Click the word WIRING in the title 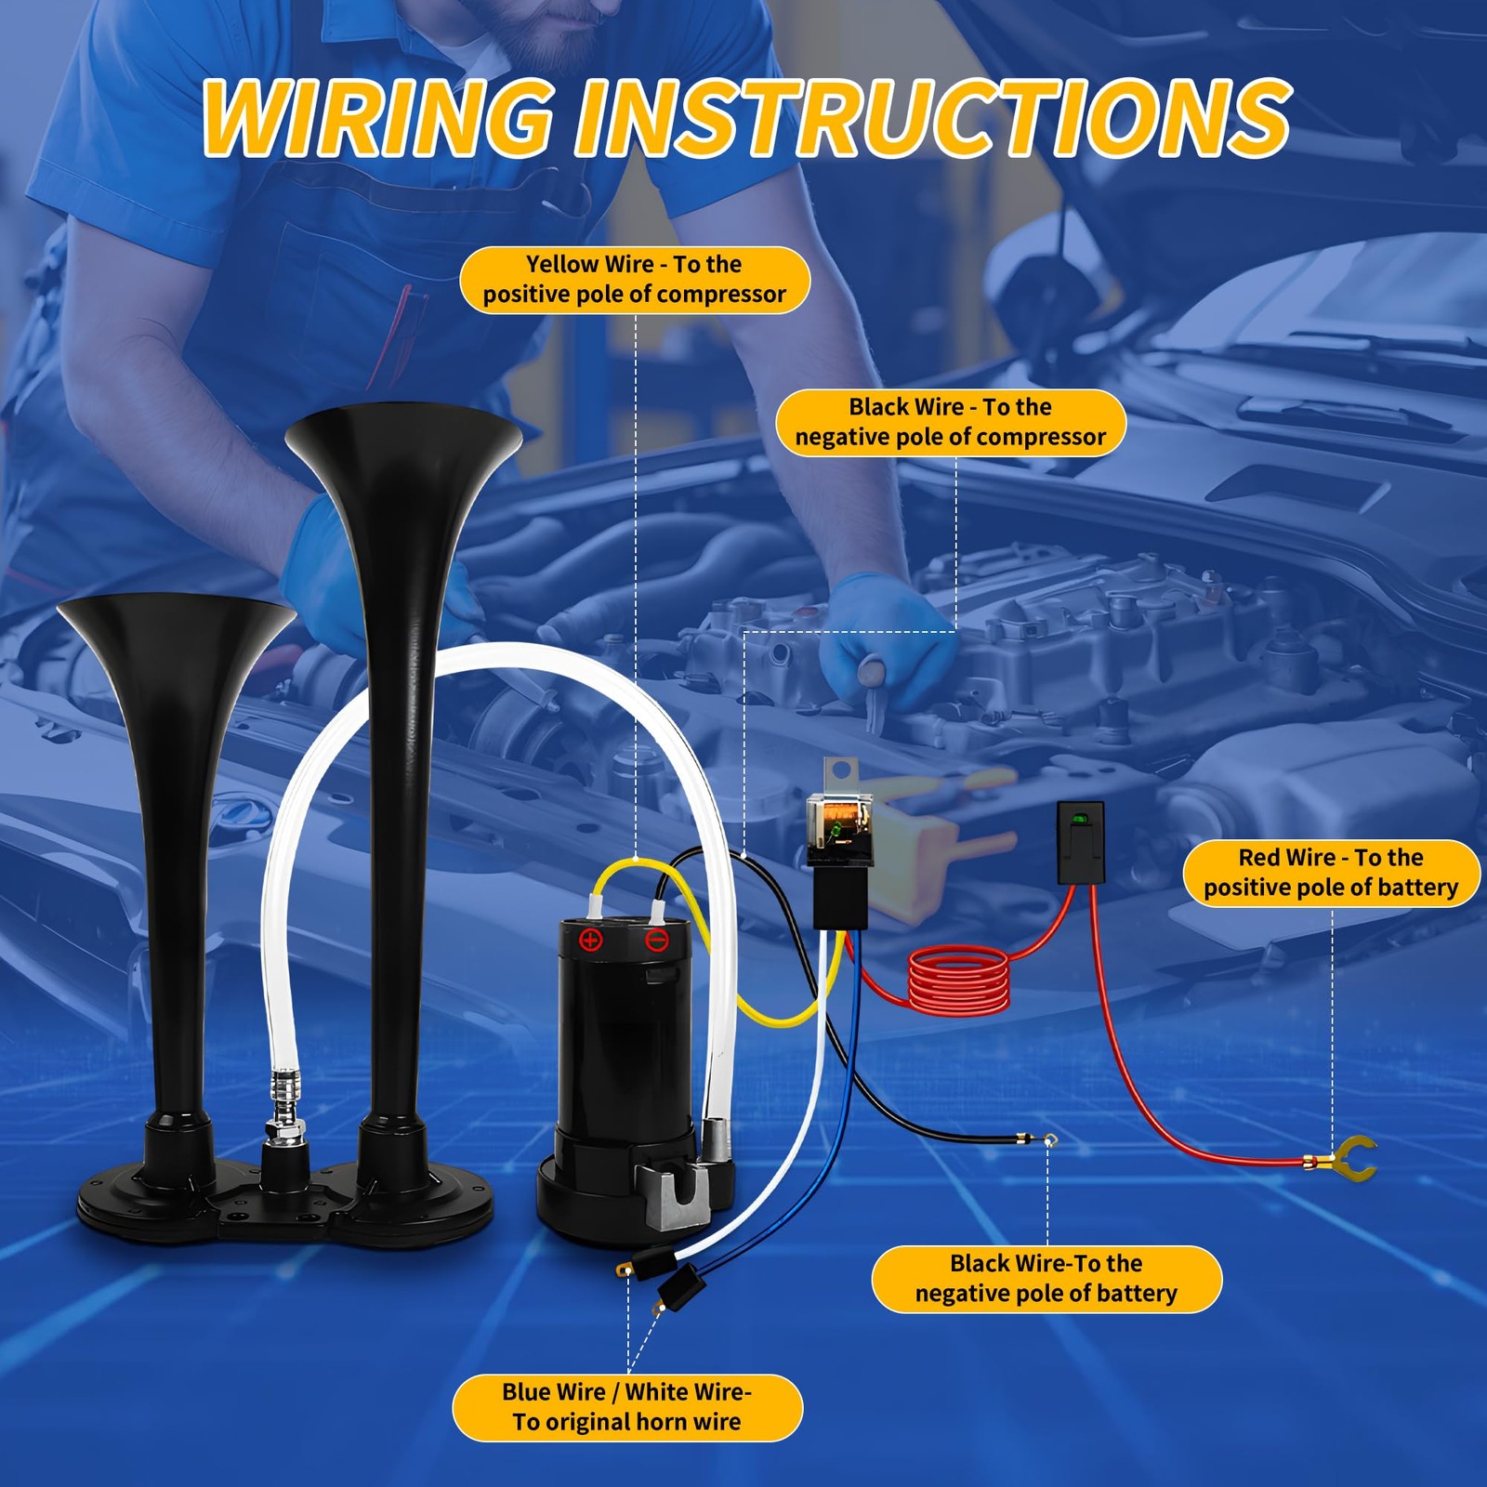pyautogui.click(x=376, y=118)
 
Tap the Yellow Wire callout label pyautogui.click(x=635, y=280)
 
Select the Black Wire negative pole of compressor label pyautogui.click(x=951, y=423)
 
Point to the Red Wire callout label pyautogui.click(x=1331, y=873)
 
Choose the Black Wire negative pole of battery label pyautogui.click(x=1046, y=1279)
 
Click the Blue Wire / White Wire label pyautogui.click(x=627, y=1407)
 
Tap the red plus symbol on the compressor pyautogui.click(x=591, y=941)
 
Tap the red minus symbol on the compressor pyautogui.click(x=657, y=941)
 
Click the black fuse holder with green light pyautogui.click(x=1081, y=842)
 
